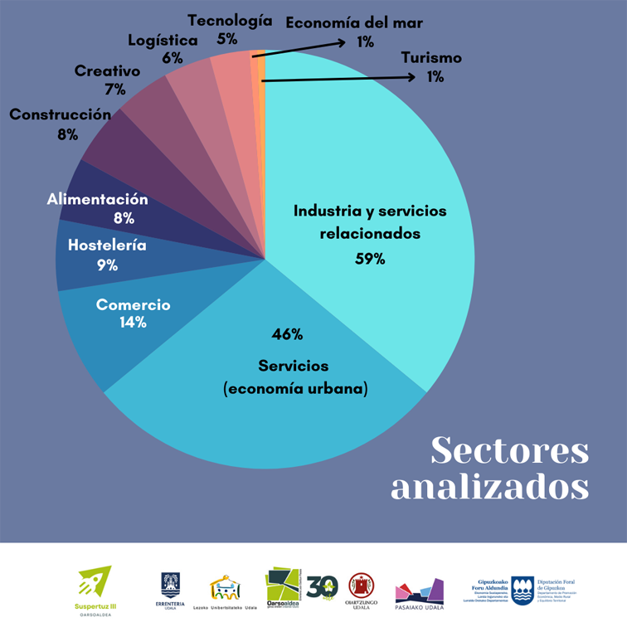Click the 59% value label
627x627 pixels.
[370, 259]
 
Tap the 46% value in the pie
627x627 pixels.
[287, 335]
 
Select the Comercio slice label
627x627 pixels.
[133, 305]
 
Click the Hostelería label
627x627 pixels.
[107, 245]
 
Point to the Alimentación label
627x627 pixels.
[97, 200]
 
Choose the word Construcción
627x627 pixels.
[60, 114]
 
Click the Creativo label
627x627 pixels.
[107, 71]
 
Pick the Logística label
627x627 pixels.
[163, 41]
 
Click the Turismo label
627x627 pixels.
[431, 58]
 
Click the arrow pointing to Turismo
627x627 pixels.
[340, 78]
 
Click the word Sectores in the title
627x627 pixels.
[510, 451]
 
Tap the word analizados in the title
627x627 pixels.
[489, 486]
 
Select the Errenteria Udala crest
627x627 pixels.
[170, 585]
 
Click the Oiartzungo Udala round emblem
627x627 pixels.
[361, 586]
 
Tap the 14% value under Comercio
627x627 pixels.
[133, 323]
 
